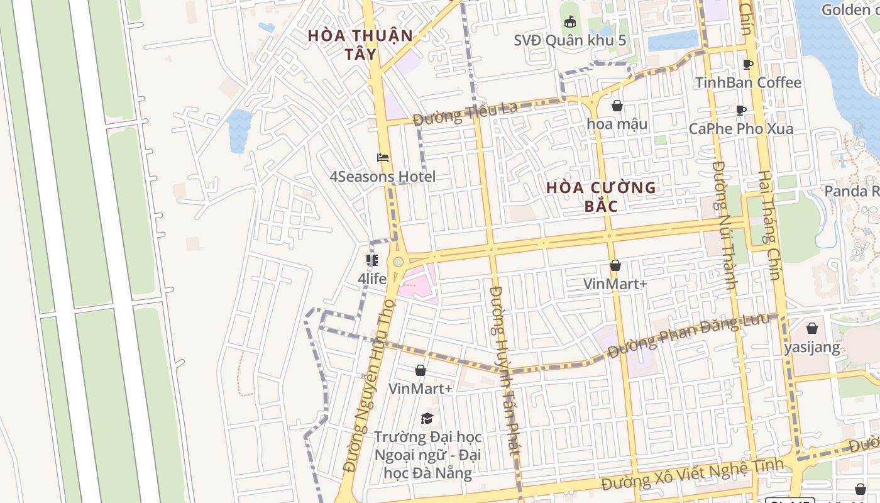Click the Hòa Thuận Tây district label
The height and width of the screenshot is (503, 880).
[x=360, y=45]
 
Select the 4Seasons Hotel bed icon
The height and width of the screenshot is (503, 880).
[x=382, y=158]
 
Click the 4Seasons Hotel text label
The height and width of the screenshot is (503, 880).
[x=382, y=177]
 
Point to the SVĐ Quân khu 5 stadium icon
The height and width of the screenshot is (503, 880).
[x=569, y=22]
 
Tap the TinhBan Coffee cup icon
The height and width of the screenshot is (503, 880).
[x=748, y=64]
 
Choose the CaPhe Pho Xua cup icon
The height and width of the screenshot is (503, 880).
[x=741, y=111]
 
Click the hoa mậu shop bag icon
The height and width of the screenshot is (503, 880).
[x=617, y=106]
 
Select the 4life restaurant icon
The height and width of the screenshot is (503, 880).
[x=372, y=260]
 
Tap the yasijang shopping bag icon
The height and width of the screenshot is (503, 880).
[x=812, y=328]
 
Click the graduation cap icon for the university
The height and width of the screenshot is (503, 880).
[x=427, y=418]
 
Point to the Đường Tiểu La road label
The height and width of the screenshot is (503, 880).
[x=465, y=114]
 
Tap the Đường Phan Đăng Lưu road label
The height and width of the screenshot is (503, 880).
[x=688, y=336]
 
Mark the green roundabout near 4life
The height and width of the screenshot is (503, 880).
[x=398, y=261]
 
